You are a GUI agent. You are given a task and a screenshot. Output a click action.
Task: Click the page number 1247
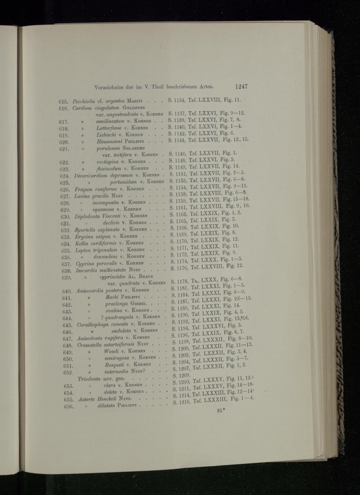241,86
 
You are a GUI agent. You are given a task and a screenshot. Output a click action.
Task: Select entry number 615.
63,101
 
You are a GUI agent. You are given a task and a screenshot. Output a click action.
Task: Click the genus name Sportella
84,230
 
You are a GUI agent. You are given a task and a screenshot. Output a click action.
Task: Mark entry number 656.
67,407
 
